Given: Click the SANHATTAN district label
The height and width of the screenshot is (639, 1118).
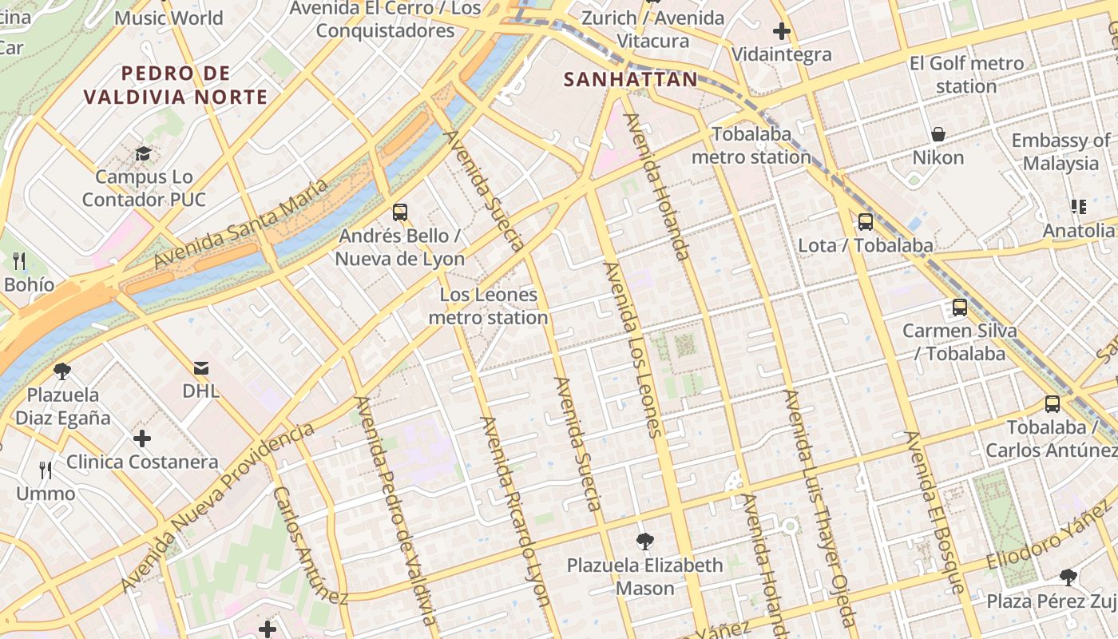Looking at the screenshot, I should pyautogui.click(x=630, y=80).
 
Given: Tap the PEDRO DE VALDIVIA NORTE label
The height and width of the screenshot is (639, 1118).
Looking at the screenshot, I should pyautogui.click(x=176, y=85).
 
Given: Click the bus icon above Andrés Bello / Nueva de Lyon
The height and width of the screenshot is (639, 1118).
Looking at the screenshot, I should pyautogui.click(x=400, y=212).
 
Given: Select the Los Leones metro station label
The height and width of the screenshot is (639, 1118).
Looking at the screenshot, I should pyautogui.click(x=488, y=306).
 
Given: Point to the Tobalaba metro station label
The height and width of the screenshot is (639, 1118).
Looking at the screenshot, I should pyautogui.click(x=751, y=145).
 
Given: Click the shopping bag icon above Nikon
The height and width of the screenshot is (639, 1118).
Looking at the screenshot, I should pyautogui.click(x=938, y=134).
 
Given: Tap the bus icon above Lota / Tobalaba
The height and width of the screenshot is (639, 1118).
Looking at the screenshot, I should pyautogui.click(x=866, y=221).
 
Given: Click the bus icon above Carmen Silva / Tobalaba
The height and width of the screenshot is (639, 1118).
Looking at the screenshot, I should pyautogui.click(x=960, y=307).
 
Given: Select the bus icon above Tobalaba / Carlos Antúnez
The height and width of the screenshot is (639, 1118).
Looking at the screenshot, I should pyautogui.click(x=1053, y=404).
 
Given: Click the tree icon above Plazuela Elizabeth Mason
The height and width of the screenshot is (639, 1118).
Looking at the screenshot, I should pyautogui.click(x=644, y=542).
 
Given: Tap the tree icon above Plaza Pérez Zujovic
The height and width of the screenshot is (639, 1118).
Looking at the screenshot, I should pyautogui.click(x=1068, y=577).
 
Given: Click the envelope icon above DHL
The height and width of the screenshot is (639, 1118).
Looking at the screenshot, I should pyautogui.click(x=200, y=368).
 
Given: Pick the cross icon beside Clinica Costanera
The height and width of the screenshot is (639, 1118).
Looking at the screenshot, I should pyautogui.click(x=142, y=439).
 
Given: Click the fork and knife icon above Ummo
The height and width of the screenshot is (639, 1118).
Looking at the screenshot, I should pyautogui.click(x=46, y=470).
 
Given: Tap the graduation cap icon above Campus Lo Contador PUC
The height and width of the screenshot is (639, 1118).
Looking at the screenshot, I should pyautogui.click(x=144, y=153).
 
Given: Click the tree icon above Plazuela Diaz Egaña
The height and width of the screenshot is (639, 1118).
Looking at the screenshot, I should pyautogui.click(x=61, y=371).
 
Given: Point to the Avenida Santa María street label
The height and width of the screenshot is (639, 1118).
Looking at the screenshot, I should pyautogui.click(x=240, y=224).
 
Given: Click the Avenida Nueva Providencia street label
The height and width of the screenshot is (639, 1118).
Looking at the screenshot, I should pyautogui.click(x=217, y=509).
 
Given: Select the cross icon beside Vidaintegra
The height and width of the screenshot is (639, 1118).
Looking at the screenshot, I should pyautogui.click(x=782, y=32).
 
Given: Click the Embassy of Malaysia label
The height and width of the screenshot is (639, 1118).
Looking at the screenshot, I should pyautogui.click(x=1061, y=152).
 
